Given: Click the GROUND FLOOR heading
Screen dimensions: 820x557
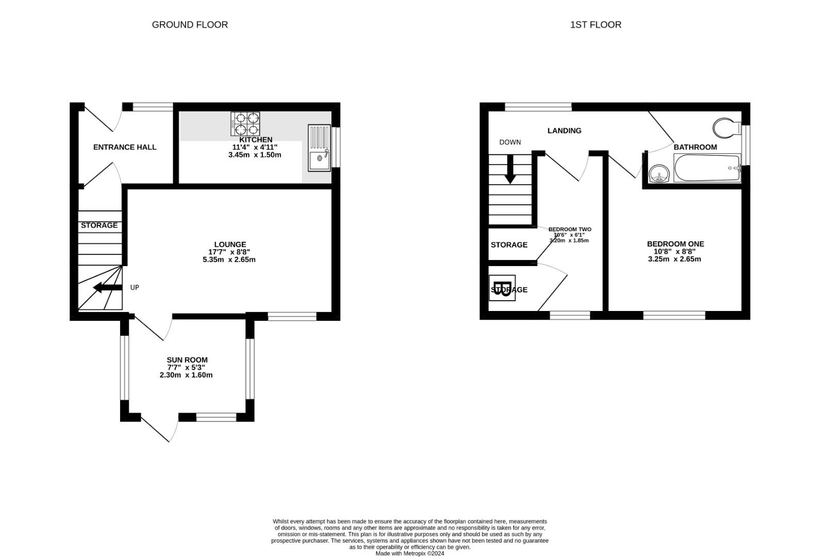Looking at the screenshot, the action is tap(190, 25).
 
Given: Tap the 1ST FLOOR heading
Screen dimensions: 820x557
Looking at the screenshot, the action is tap(596, 25).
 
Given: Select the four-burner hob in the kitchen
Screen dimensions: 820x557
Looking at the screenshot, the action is tap(245, 124).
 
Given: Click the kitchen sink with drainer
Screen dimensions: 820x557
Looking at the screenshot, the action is tap(319, 148).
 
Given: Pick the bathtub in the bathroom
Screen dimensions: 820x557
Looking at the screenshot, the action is tap(707, 168).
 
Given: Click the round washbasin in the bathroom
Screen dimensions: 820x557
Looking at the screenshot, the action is tap(659, 174).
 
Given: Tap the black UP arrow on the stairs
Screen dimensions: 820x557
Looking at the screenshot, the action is tap(108, 287).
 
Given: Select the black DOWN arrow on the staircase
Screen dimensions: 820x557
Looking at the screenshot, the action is tap(510, 169).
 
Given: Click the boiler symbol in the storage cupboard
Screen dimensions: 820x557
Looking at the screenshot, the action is tap(502, 288).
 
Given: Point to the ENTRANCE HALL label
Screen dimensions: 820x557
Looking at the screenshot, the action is tap(125, 147).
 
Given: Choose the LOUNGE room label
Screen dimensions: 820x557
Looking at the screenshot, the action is tap(230, 244).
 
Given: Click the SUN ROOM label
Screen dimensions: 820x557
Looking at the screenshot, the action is tap(187, 360).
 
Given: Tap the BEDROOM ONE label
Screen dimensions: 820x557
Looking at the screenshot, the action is tap(675, 244).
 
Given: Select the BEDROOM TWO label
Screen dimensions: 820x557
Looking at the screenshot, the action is tap(570, 229).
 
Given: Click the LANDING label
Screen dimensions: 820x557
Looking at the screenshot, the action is tap(564, 130).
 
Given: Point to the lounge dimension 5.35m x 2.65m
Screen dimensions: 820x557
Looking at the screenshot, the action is tap(229, 259).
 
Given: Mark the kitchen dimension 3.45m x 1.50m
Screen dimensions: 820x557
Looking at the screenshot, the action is tap(255, 155).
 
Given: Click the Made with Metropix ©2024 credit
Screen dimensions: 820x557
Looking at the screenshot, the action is tap(410, 553).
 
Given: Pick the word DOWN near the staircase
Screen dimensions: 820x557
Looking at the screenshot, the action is tap(510, 142).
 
